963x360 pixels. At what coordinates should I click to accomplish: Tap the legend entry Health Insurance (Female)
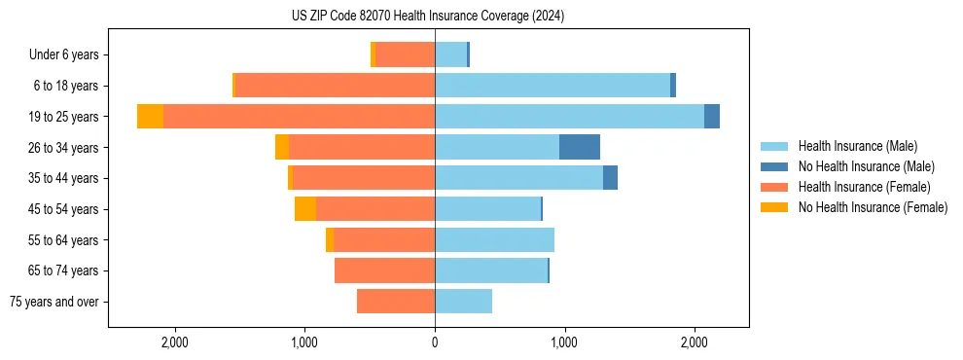856,187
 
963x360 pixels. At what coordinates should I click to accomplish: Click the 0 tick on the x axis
435,342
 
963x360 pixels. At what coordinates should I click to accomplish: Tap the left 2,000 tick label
174,342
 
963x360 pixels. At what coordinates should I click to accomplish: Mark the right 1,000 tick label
564,342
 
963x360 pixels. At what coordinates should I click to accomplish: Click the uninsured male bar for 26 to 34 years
580,147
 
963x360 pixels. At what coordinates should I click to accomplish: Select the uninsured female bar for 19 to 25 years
150,117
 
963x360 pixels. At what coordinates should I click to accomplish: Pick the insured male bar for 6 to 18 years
553,86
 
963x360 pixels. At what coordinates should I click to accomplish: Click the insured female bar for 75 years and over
396,302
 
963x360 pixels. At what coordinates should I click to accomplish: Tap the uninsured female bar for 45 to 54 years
305,209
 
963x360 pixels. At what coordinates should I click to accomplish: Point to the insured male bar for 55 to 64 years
494,240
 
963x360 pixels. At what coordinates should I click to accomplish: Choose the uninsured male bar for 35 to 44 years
610,178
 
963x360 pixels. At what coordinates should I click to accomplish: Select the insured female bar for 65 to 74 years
384,270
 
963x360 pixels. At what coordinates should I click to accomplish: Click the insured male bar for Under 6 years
450,54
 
